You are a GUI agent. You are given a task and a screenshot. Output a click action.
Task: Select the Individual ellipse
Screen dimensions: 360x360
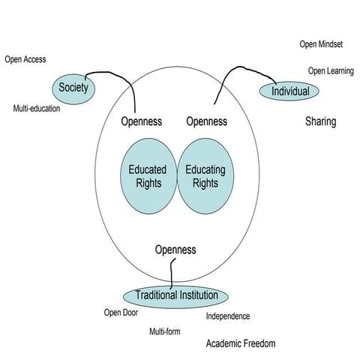(289, 91)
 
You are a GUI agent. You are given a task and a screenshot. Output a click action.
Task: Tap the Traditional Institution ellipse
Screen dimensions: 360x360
(176, 295)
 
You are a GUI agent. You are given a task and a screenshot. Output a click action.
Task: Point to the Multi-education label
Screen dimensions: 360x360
(37, 109)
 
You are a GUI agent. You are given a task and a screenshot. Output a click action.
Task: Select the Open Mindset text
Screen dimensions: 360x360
(321, 44)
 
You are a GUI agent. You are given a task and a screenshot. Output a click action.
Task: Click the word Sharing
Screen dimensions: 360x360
(320, 121)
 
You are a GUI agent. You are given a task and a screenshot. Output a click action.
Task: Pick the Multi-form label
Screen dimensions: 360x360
(169, 331)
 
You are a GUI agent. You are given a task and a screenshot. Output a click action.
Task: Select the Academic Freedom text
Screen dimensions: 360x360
(241, 343)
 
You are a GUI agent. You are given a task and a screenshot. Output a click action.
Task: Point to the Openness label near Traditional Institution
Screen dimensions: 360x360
(175, 249)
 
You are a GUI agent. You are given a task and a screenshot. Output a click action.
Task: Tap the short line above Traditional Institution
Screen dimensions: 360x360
(173, 271)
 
